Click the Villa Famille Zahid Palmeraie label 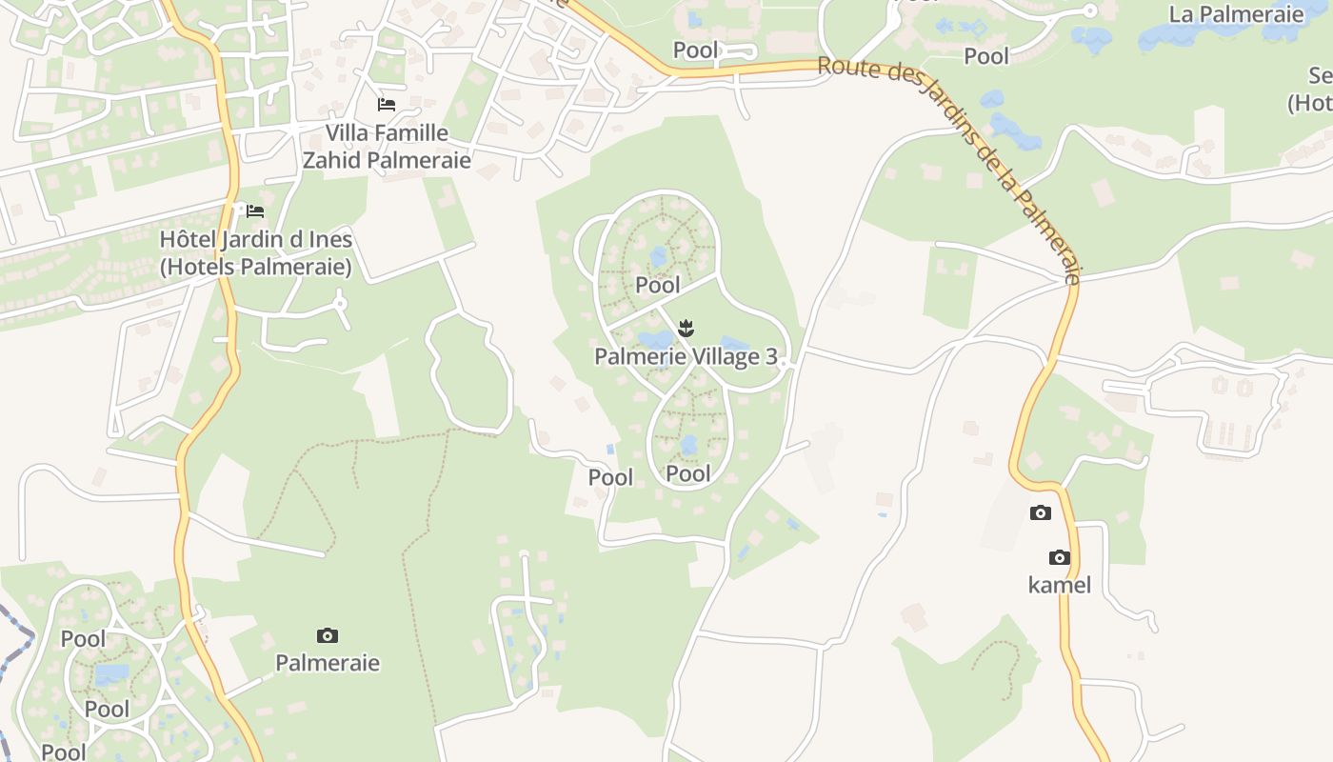point(387,146)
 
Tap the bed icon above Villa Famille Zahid point(387,104)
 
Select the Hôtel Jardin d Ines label point(256,253)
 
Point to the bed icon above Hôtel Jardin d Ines point(255,211)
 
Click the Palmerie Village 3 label point(686,357)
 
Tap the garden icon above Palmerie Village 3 point(685,330)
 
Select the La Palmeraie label point(1236,14)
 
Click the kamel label point(1060,585)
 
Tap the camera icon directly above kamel point(1060,557)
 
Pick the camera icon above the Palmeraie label point(328,635)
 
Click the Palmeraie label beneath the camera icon point(328,663)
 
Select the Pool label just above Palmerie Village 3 point(658,285)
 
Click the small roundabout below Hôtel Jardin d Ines point(340,304)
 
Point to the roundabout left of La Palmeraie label point(1091,11)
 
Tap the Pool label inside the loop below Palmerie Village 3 point(688,473)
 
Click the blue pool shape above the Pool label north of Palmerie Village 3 point(659,257)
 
